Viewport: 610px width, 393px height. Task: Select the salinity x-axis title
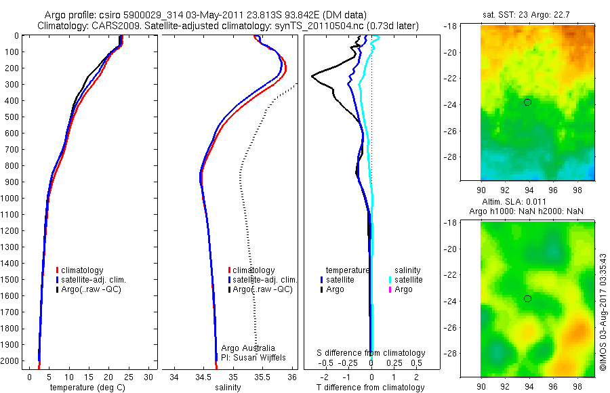(228, 388)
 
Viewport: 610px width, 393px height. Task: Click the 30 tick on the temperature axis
(149, 377)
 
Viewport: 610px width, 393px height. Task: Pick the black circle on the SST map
(527, 102)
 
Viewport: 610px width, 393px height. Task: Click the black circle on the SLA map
(527, 299)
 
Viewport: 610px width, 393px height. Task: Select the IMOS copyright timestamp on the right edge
(603, 312)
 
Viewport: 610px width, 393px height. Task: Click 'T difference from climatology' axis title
(371, 388)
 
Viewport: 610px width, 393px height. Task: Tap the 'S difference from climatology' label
(371, 353)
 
